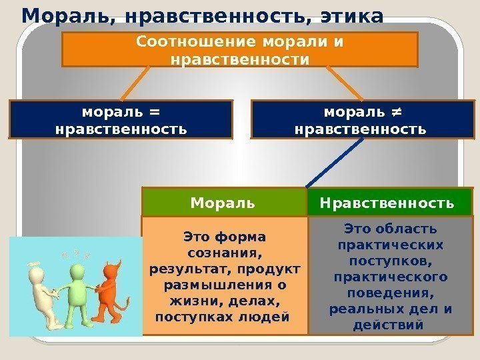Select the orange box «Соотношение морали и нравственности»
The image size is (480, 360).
click(239, 50)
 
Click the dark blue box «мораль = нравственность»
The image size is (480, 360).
click(121, 119)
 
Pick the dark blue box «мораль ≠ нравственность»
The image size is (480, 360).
click(360, 119)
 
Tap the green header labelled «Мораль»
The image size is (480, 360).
click(223, 202)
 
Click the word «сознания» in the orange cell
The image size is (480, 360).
click(224, 254)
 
